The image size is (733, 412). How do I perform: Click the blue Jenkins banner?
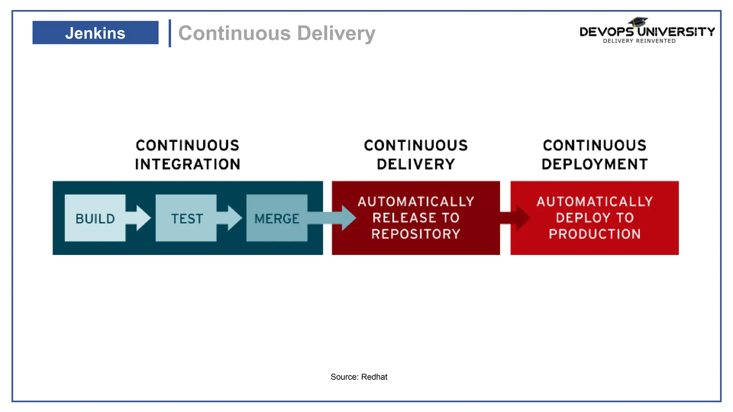tap(95, 33)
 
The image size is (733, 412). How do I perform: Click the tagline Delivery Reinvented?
tap(639, 41)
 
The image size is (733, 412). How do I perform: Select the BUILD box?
tap(95, 218)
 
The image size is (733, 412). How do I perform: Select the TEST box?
tap(186, 218)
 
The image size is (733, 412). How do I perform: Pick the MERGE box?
tap(277, 218)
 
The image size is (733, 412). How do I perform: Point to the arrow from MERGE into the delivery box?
tap(333, 217)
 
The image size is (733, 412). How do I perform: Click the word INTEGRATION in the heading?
tap(188, 165)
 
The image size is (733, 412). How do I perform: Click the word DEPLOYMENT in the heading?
tap(594, 165)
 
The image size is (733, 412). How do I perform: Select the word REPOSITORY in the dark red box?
tap(416, 234)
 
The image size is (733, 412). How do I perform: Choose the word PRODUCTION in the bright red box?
tap(594, 234)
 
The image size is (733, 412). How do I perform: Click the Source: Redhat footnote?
tap(359, 377)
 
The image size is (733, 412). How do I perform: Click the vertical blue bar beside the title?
tap(170, 33)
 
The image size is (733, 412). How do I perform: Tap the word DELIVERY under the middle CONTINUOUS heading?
tap(416, 165)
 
